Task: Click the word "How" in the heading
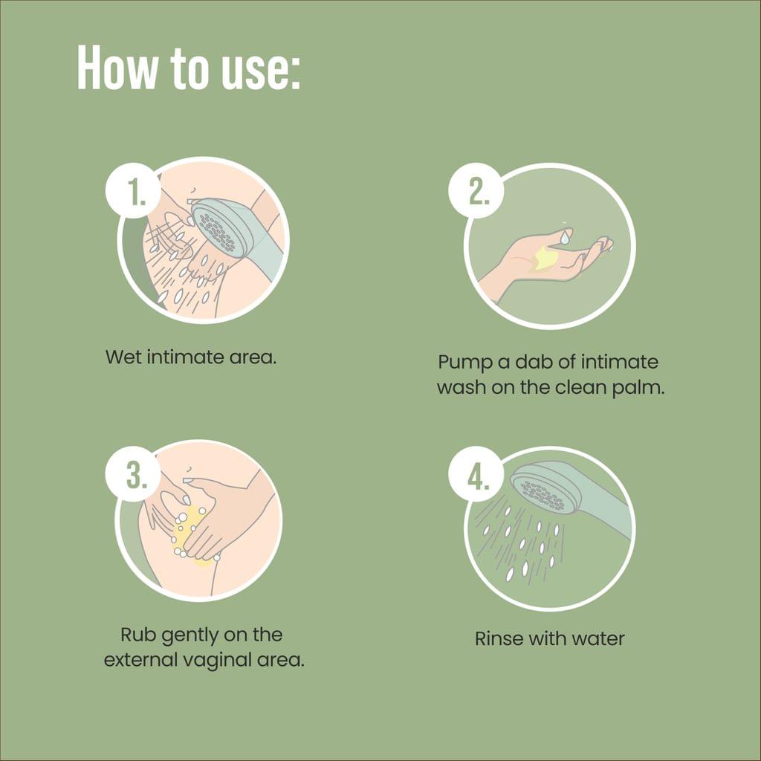point(117,68)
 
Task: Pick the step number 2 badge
point(476,191)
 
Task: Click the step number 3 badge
point(133,474)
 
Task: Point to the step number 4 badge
point(476,478)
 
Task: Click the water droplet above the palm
point(565,238)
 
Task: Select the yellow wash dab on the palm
point(546,258)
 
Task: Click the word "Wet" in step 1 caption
point(123,357)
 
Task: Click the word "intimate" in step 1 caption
point(185,357)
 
